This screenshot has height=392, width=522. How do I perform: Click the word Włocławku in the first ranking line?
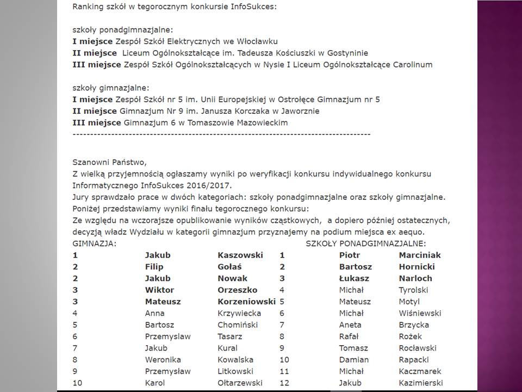(x=258, y=41)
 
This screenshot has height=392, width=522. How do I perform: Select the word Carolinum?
(x=413, y=64)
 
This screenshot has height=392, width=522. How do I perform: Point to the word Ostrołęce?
(x=300, y=100)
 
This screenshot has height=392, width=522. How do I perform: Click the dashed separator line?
(x=221, y=133)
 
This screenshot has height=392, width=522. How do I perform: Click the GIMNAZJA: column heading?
(x=94, y=243)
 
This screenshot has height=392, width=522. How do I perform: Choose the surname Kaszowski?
(x=240, y=255)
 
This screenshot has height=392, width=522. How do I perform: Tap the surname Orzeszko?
(x=237, y=290)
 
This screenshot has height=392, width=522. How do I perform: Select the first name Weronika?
(x=163, y=359)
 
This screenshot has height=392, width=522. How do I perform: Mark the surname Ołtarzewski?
(x=240, y=383)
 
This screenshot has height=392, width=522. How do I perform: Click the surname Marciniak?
(x=419, y=255)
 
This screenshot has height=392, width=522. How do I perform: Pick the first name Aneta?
(x=350, y=324)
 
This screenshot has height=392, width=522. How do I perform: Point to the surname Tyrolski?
(x=413, y=290)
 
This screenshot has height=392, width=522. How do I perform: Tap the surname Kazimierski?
(x=420, y=383)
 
